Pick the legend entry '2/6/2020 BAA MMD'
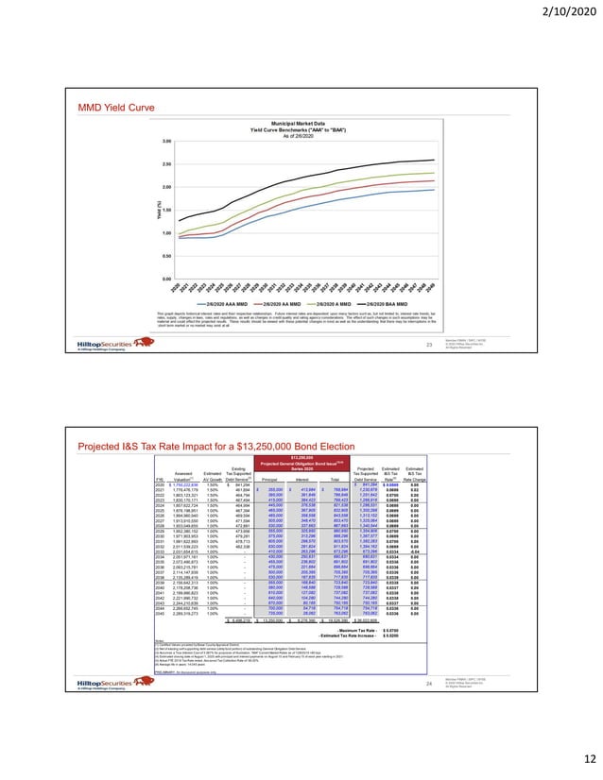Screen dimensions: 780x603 (404, 301)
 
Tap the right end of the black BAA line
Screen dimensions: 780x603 (434, 160)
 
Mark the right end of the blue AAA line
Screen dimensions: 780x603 (434, 189)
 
